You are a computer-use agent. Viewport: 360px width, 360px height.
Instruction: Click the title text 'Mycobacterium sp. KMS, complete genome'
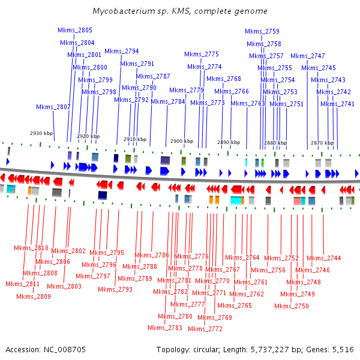coord(180,11)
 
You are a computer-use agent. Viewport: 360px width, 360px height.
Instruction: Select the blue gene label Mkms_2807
coord(53,107)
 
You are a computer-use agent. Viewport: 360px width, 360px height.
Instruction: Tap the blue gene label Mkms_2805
coord(75,30)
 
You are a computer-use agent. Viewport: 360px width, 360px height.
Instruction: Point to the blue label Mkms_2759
coord(262,31)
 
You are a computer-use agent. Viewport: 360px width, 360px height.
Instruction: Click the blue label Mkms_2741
coord(337,104)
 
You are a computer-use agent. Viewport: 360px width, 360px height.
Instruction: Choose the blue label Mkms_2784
coord(168,101)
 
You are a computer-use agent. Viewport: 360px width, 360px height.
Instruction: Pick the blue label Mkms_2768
coord(224,79)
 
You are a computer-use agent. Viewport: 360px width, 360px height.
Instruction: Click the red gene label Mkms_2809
coord(34,296)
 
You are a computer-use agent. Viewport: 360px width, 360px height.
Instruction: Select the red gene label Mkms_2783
coord(165,328)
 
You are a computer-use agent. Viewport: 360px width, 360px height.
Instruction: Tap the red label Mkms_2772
coord(205,329)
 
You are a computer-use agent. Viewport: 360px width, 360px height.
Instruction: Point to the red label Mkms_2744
coord(324,258)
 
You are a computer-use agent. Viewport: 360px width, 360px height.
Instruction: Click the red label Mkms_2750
coord(292,306)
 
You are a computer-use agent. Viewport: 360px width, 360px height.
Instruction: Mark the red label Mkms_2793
coord(115,289)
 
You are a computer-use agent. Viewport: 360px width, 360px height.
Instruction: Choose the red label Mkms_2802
coord(68,251)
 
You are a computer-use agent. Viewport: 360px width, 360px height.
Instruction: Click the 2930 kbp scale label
coord(41,133)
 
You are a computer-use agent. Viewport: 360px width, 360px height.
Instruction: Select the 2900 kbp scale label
coord(182,142)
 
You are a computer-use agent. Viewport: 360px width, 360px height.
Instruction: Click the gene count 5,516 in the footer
coord(343,349)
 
